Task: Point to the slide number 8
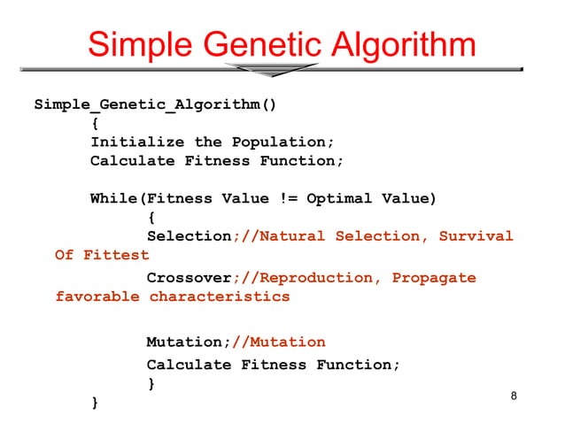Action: click(x=514, y=396)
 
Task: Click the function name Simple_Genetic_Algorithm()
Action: click(x=155, y=104)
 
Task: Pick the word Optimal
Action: click(x=339, y=198)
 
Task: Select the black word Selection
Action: click(x=189, y=236)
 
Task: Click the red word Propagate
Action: click(x=433, y=278)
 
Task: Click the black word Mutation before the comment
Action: click(x=183, y=342)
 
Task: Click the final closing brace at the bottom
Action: click(x=95, y=404)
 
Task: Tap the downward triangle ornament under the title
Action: click(x=271, y=70)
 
